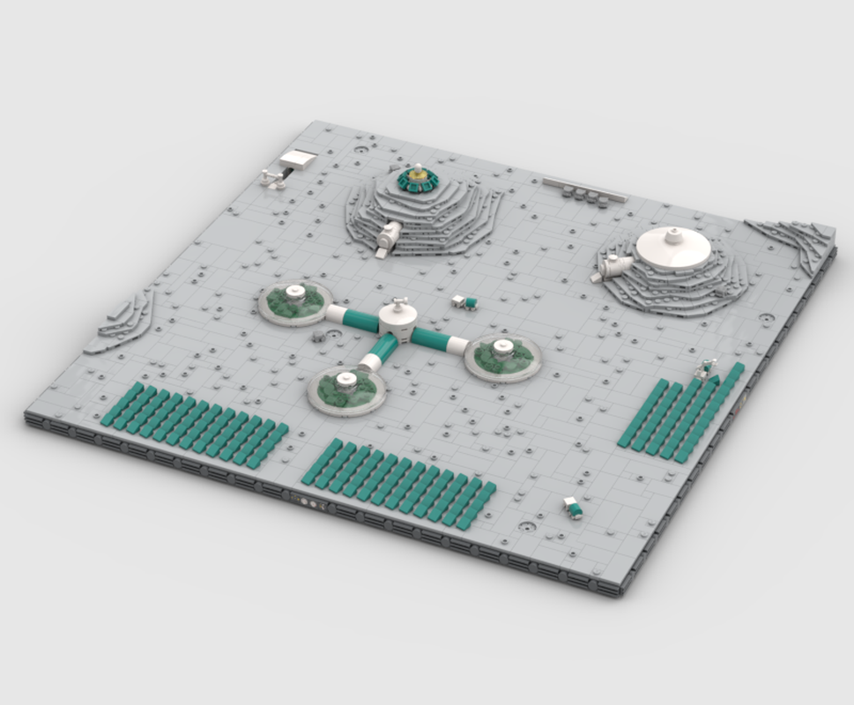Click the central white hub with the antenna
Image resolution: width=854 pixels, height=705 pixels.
(398, 322)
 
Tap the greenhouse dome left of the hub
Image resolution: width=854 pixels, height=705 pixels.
(295, 301)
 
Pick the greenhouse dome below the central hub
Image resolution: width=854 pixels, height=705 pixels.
(346, 389)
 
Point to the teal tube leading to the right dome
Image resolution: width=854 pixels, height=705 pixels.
(437, 338)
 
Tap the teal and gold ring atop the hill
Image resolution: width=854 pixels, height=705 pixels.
(416, 179)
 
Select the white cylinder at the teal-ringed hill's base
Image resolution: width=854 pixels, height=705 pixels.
(387, 237)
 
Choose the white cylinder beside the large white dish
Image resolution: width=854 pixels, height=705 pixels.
(615, 263)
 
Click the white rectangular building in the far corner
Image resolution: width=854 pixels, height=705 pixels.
(297, 160)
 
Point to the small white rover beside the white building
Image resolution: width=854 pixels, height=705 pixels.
(271, 179)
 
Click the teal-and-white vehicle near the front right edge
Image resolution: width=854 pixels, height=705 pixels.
(573, 506)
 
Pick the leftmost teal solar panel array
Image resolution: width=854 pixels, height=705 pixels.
(194, 424)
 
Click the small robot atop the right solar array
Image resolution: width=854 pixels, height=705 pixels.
(705, 368)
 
